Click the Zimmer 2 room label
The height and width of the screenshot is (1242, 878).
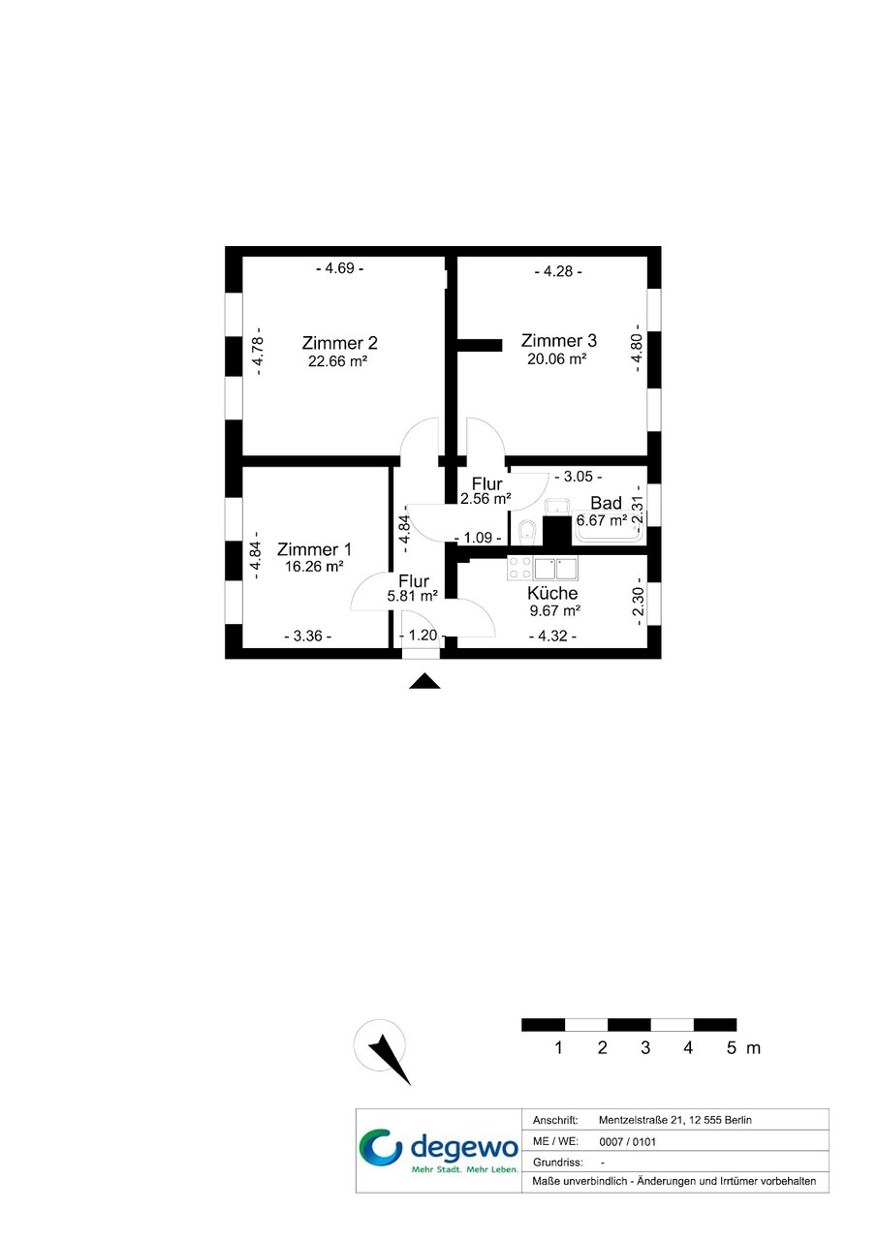coord(339,343)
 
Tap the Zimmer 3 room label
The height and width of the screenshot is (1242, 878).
coord(558,340)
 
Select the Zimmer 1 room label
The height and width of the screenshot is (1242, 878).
coord(314,549)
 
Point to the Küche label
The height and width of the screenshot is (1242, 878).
coord(552,593)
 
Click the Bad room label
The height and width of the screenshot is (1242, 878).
coord(606,503)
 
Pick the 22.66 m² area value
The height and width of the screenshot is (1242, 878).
coord(338,361)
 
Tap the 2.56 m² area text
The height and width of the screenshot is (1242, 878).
coord(486,499)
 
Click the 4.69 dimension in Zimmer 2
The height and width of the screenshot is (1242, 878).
coord(339,268)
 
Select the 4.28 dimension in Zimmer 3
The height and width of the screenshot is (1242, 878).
coord(558,271)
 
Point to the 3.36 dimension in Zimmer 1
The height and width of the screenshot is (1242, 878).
coord(308,636)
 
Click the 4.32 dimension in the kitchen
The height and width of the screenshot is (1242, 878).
coord(552,636)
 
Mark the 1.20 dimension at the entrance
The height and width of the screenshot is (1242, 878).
coord(421,635)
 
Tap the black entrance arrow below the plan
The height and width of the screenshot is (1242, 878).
coord(424,681)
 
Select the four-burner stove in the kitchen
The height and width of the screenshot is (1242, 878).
coord(520,569)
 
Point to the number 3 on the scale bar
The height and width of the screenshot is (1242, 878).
coord(645,1048)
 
